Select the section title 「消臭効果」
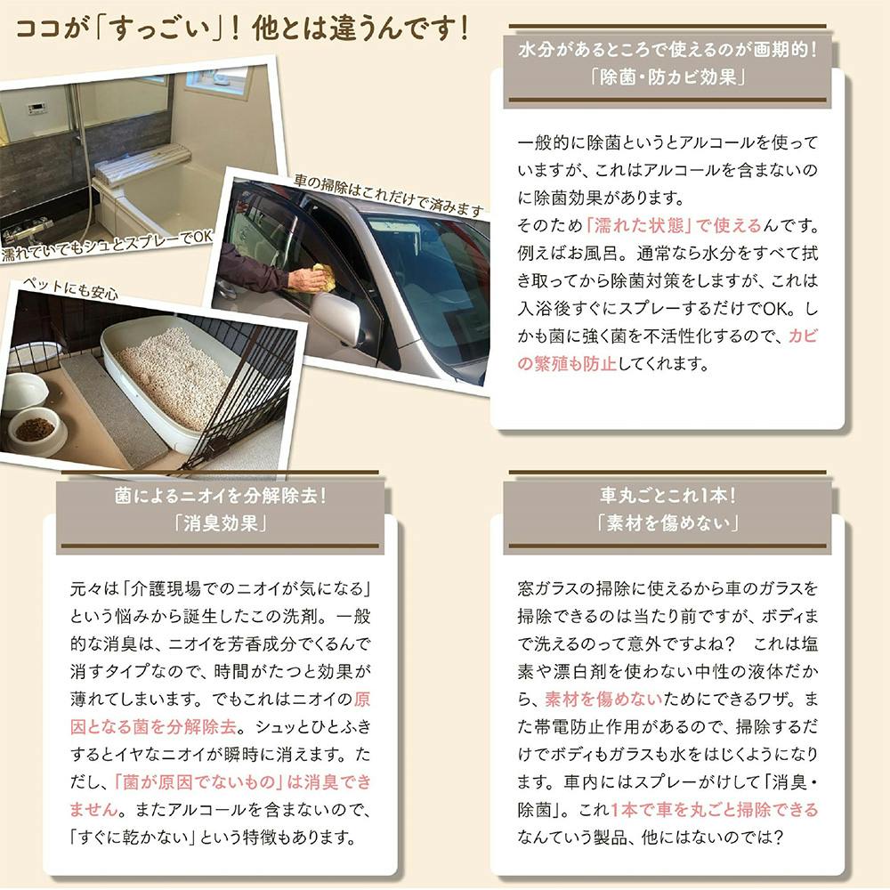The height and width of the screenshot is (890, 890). [220, 522]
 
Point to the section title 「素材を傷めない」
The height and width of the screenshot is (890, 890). [667, 522]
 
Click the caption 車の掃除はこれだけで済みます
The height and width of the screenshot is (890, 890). [389, 196]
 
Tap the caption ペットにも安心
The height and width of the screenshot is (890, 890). [69, 287]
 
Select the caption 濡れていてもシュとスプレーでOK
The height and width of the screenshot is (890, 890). [107, 246]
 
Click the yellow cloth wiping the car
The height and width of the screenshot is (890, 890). [316, 278]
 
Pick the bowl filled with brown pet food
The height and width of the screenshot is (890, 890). [34, 430]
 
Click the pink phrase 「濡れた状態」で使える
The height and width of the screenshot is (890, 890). [673, 226]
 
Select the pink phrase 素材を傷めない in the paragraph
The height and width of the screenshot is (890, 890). [603, 699]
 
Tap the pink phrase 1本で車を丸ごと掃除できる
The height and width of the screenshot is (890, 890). [714, 810]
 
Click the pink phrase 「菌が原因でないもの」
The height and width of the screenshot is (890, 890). [198, 782]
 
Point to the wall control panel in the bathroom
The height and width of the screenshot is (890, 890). [38, 108]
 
